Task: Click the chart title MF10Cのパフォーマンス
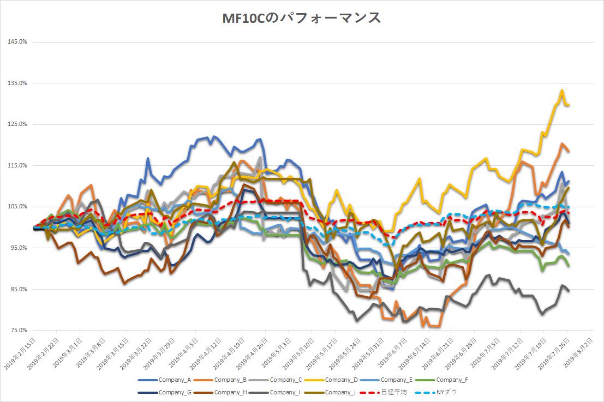301,18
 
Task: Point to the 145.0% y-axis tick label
17,42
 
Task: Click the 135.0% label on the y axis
17,83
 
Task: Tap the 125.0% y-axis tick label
17,124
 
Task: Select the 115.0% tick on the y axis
17,165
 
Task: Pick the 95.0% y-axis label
17,248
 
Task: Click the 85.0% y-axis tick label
17,289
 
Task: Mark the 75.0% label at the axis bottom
17,330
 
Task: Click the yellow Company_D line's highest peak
561,91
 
